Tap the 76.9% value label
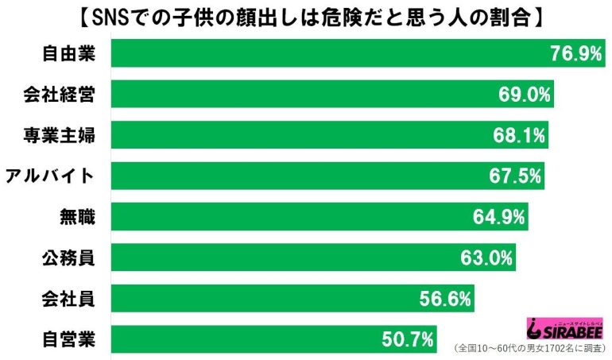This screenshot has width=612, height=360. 575,53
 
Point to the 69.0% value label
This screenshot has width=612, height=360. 524,95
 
